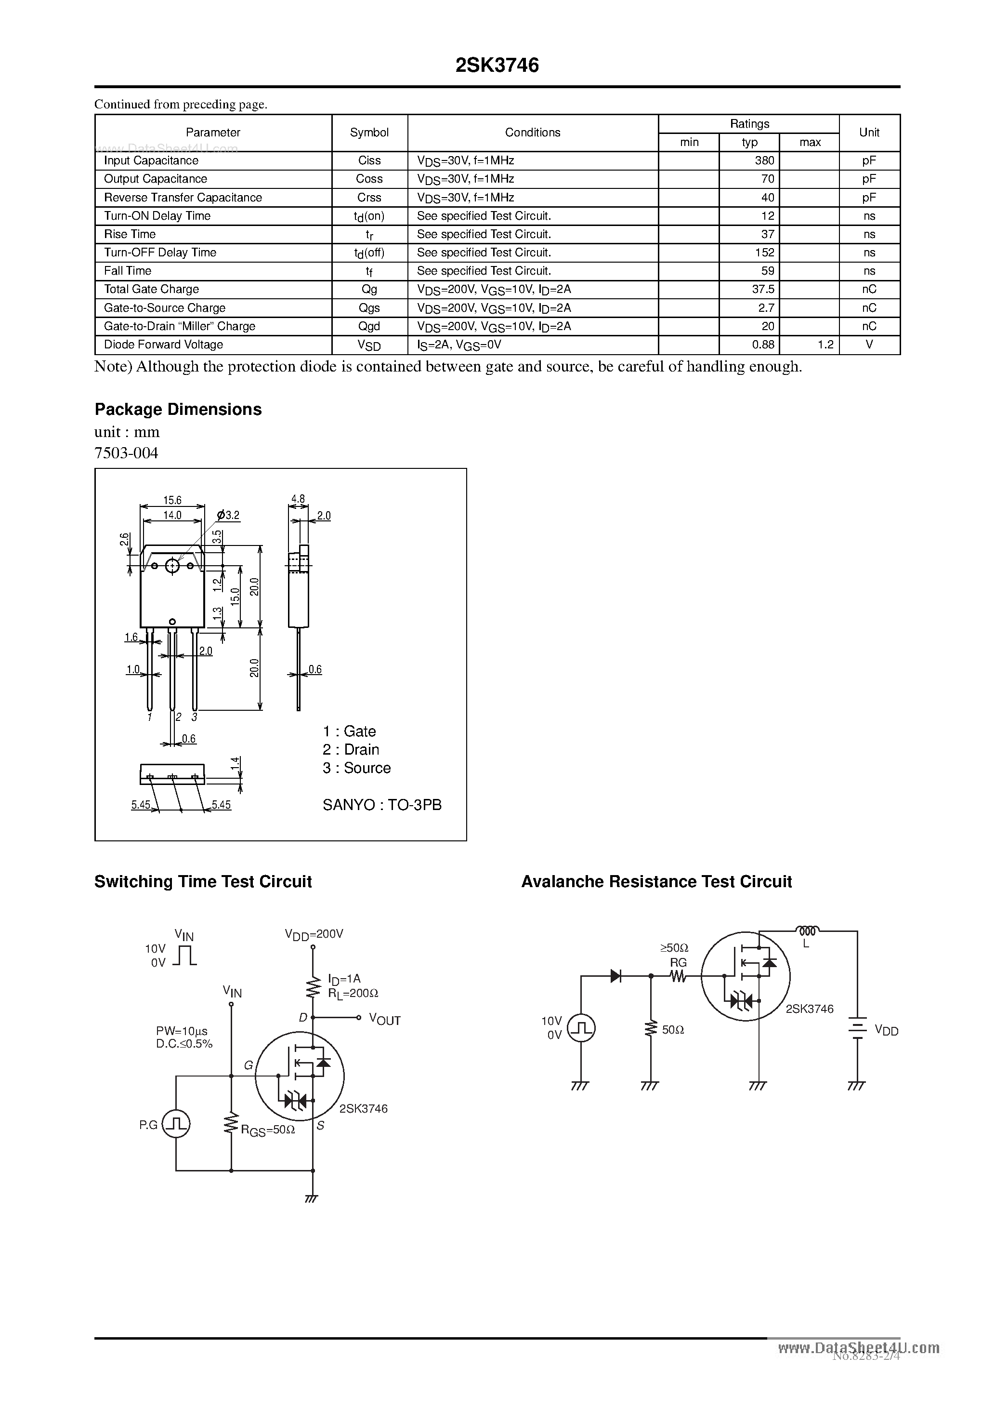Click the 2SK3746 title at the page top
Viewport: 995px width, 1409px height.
(x=497, y=66)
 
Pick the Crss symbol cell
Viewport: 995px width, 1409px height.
(x=369, y=198)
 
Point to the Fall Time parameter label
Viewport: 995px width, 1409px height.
(x=128, y=271)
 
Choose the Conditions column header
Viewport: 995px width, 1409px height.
(x=533, y=133)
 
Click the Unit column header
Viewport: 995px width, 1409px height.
(x=869, y=133)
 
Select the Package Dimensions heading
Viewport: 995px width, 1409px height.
(x=178, y=409)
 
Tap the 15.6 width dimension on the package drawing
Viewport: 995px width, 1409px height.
(x=172, y=501)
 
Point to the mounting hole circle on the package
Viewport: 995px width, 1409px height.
(x=172, y=565)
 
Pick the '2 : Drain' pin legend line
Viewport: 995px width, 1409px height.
(x=351, y=750)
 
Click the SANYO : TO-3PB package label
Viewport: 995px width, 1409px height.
(x=381, y=805)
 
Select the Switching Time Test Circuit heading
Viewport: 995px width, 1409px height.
(x=203, y=882)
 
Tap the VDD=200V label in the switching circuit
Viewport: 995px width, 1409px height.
(x=314, y=934)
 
